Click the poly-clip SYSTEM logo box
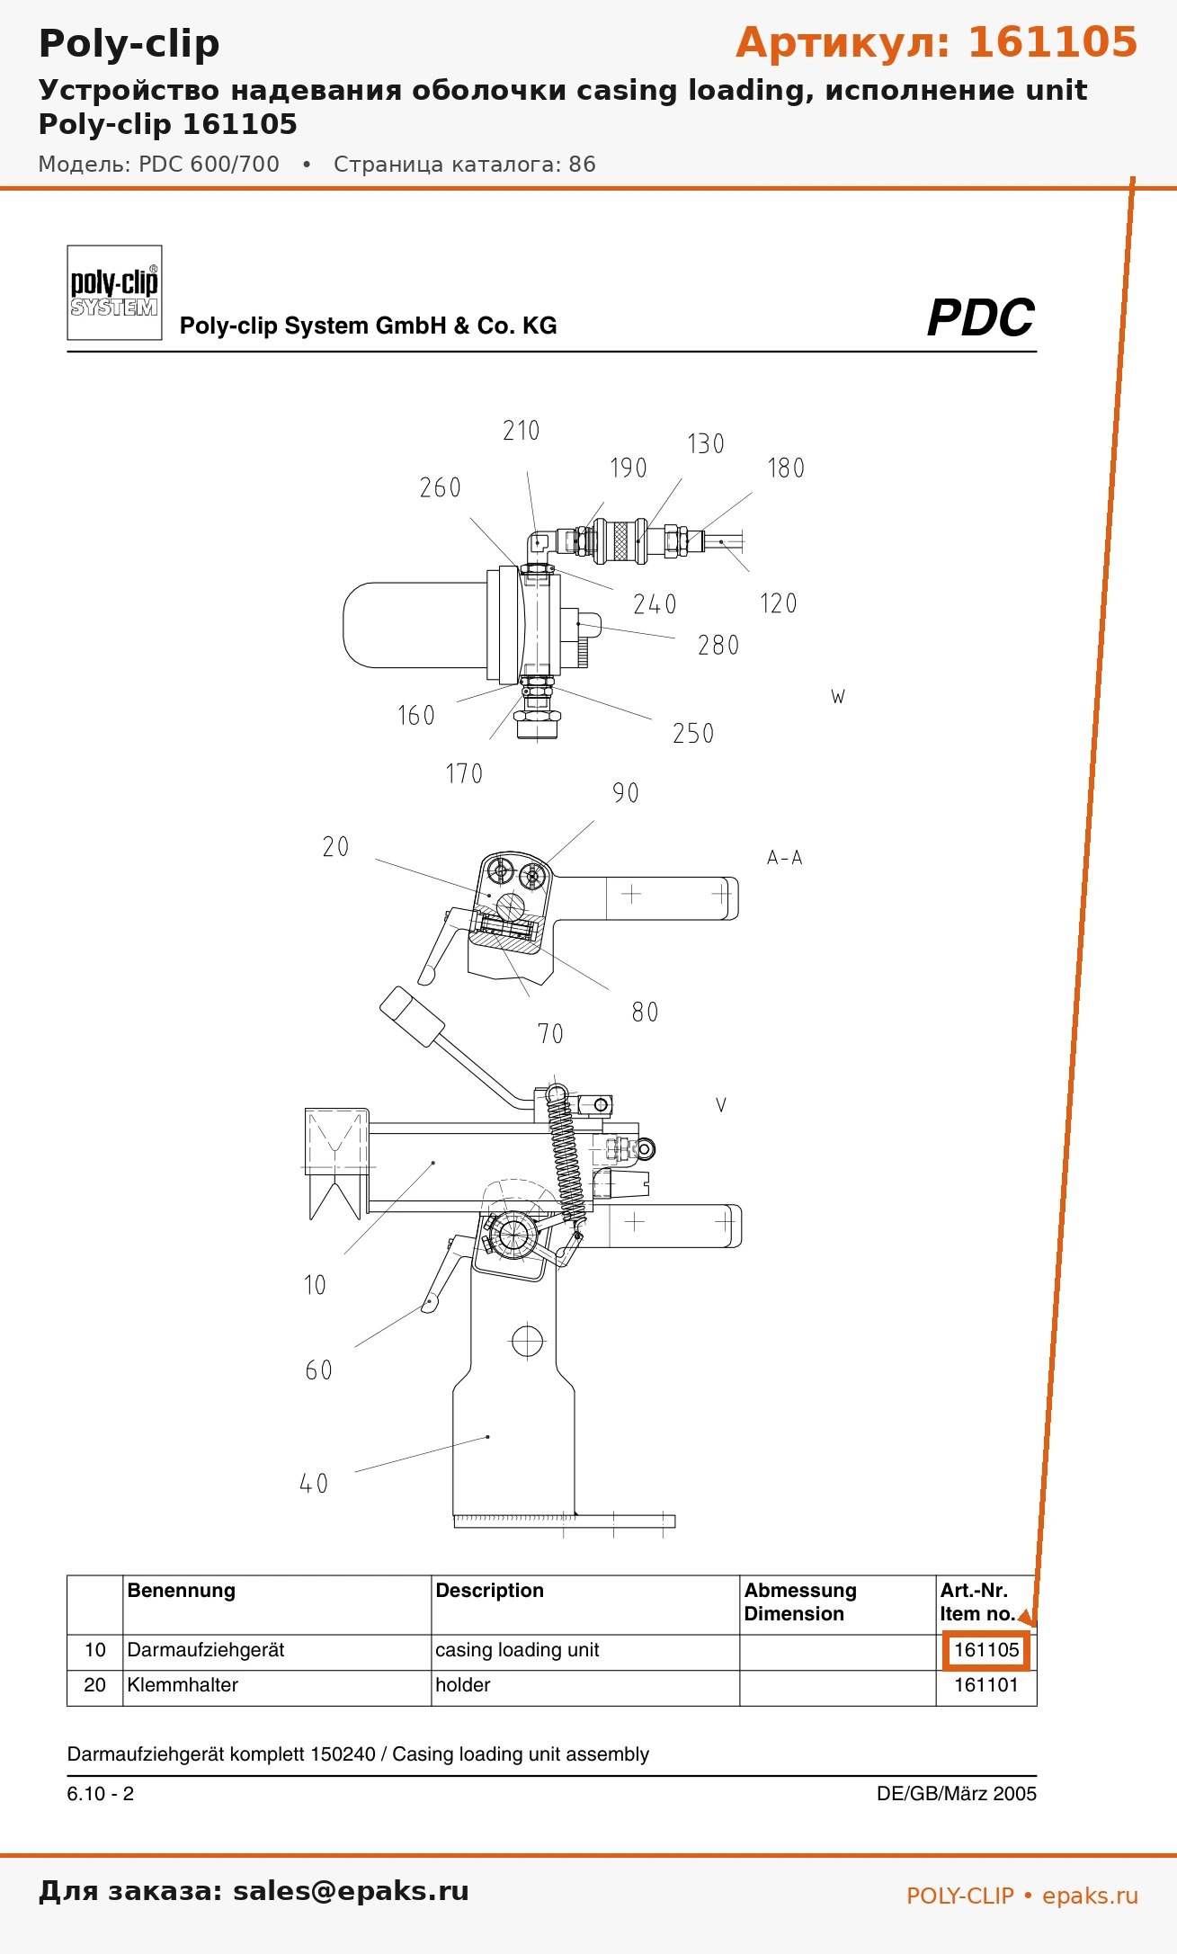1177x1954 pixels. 114,292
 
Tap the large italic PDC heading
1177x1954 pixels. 980,318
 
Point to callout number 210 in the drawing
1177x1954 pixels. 522,431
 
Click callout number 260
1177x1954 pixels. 441,487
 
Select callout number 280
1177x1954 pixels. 718,645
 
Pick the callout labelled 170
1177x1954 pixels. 464,773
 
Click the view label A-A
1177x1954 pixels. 784,858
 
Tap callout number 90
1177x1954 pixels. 626,792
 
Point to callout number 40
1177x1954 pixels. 314,1483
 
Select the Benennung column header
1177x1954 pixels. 182,1590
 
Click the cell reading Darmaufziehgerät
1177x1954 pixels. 206,1650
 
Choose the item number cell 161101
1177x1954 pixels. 986,1685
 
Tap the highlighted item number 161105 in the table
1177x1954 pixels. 986,1650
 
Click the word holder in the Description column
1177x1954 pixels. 463,1685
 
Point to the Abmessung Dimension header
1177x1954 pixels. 800,1602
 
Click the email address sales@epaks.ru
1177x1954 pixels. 351,1890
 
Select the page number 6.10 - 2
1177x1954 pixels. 101,1793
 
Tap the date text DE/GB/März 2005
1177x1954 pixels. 957,1793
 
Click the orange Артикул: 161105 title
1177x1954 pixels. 937,42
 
